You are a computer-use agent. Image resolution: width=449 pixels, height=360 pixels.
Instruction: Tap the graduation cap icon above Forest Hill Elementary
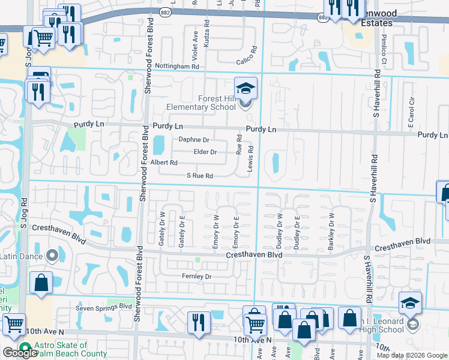[x=246, y=89]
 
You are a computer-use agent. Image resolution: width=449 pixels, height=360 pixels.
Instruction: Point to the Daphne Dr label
[x=194, y=140]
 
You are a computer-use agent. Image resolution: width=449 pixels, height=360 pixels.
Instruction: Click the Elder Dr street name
[x=205, y=152]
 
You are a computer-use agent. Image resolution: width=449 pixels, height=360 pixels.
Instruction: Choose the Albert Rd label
[x=164, y=163]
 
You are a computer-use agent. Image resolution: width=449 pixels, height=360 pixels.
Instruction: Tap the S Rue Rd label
[x=200, y=176]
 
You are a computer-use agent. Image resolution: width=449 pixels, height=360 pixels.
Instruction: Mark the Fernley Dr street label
[x=196, y=277]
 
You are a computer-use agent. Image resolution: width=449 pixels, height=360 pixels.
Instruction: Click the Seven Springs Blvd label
[x=103, y=307]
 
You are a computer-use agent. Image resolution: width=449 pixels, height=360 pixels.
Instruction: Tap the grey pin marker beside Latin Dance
[x=52, y=256]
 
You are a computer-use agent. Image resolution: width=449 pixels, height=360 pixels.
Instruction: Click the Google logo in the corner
[x=19, y=353]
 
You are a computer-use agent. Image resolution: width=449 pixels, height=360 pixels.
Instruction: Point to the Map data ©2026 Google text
[x=412, y=355]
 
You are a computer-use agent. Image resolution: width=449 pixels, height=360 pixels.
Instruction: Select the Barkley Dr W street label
[x=331, y=231]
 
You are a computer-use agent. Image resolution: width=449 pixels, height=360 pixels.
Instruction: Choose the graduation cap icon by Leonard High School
[x=411, y=304]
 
